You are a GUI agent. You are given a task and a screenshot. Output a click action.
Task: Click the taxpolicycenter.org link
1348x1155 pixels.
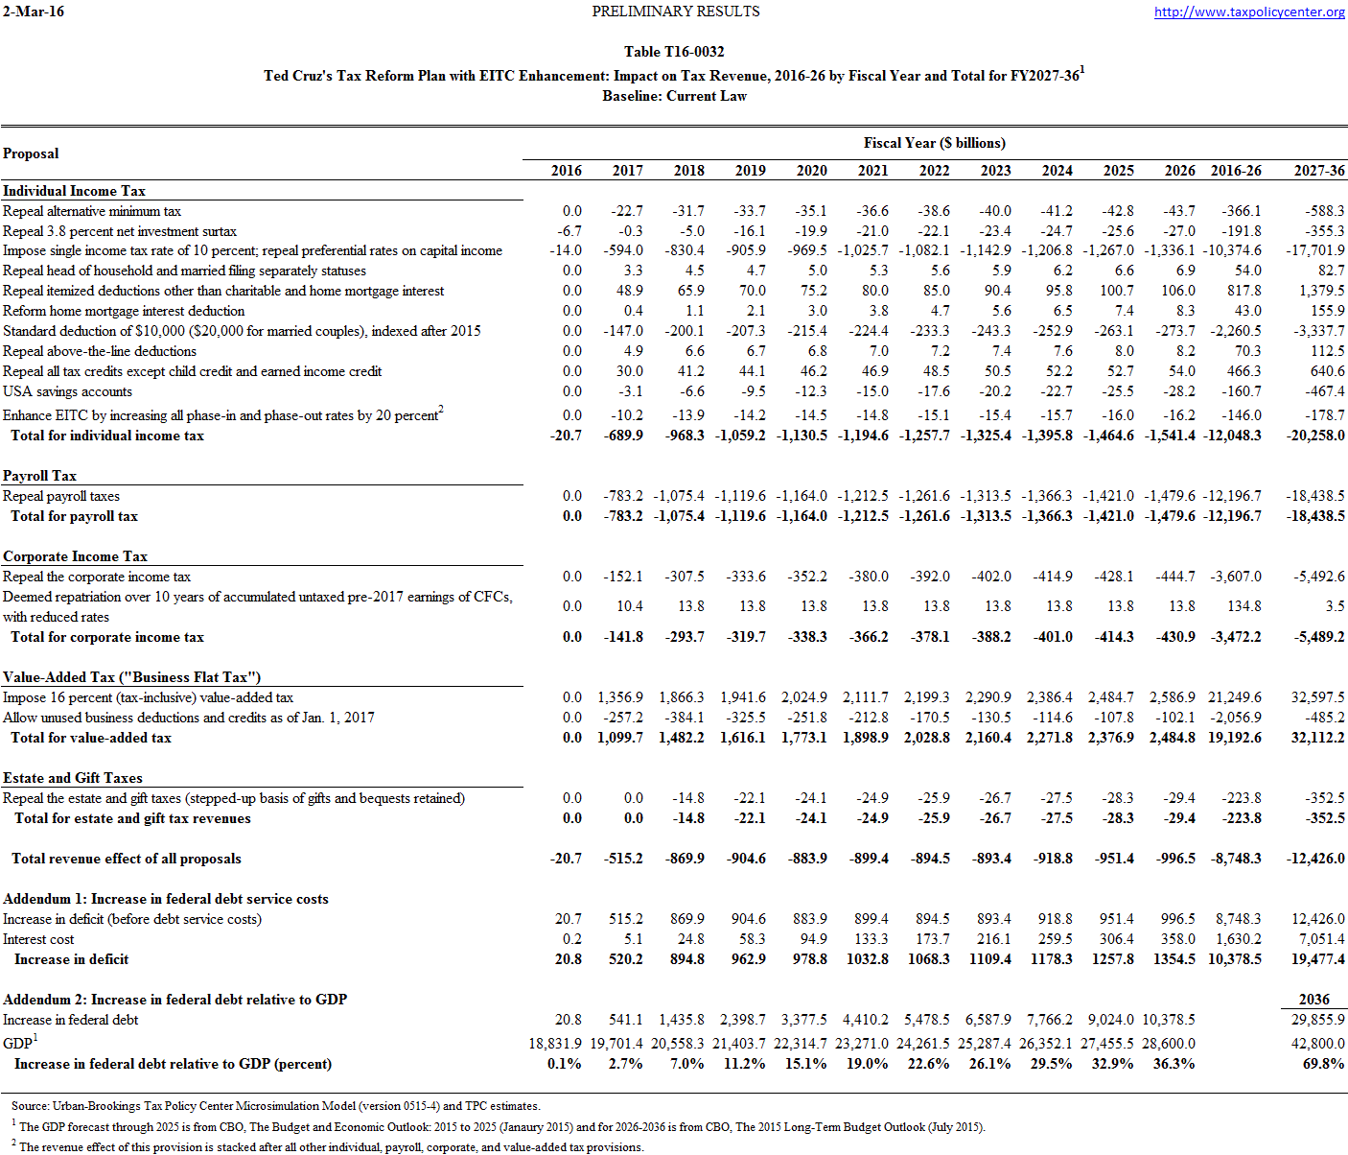1249,12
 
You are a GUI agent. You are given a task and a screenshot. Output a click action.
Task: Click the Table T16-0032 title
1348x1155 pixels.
674,52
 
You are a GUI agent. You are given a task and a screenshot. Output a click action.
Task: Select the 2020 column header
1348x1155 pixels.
811,171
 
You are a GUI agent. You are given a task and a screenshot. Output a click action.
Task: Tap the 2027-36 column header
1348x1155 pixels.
1318,171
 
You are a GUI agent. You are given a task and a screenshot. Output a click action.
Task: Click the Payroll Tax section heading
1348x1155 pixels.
39,476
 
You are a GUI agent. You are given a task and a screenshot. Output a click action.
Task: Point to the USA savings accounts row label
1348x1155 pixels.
67,391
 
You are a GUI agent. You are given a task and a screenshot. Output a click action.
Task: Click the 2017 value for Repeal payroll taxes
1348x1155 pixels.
623,496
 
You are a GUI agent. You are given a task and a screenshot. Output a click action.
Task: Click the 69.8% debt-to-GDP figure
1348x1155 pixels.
1324,1064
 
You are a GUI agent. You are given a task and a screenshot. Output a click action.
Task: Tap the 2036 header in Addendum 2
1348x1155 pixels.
1313,1000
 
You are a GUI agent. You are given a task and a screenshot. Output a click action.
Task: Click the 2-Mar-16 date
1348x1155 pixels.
34,12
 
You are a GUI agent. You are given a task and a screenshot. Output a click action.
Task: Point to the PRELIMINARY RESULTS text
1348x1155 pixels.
675,12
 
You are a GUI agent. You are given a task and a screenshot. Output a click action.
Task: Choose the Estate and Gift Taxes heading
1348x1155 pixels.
73,778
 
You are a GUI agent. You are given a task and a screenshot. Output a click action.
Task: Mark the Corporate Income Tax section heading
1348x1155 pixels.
75,556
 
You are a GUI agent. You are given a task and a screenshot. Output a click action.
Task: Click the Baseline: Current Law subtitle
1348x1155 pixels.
674,96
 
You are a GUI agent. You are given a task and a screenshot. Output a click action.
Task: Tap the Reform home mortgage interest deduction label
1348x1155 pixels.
124,311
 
